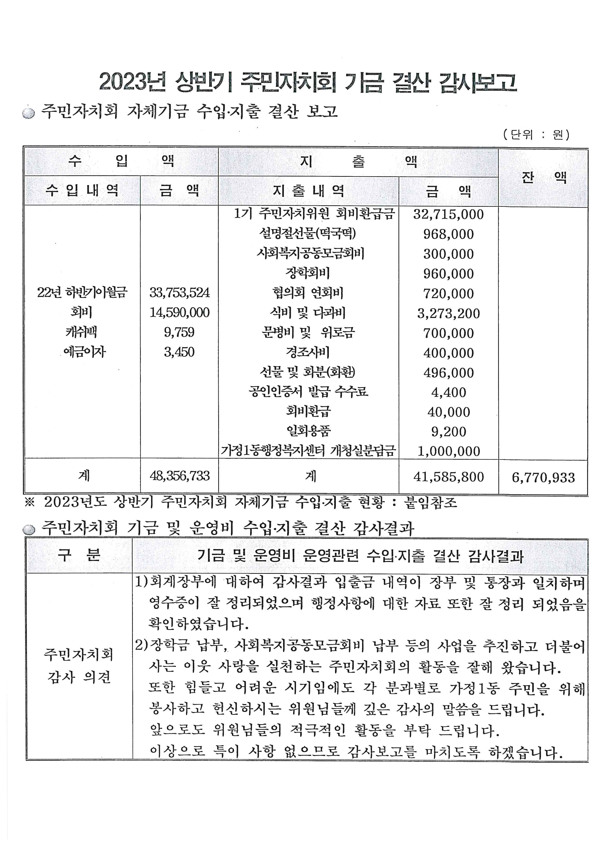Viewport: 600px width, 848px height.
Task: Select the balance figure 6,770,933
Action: pyautogui.click(x=543, y=478)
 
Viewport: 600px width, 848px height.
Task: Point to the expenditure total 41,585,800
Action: pyautogui.click(x=449, y=477)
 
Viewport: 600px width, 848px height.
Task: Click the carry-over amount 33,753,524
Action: pyautogui.click(x=180, y=293)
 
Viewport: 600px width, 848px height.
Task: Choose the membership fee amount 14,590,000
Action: pyautogui.click(x=180, y=312)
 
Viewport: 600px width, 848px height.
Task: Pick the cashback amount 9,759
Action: pyautogui.click(x=179, y=332)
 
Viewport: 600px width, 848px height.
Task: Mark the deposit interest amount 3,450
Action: pyautogui.click(x=179, y=352)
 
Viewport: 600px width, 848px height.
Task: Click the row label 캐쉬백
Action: pyautogui.click(x=81, y=332)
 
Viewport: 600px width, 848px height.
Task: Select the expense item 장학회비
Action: pyautogui.click(x=308, y=273)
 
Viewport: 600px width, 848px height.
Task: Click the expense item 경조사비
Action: pyautogui.click(x=308, y=352)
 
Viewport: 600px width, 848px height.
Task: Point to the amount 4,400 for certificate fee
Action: pyautogui.click(x=449, y=392)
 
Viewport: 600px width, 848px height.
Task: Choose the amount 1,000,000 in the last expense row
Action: pyautogui.click(x=449, y=451)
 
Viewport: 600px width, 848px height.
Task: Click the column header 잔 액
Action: pyautogui.click(x=543, y=178)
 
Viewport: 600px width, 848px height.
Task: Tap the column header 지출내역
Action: pyautogui.click(x=308, y=191)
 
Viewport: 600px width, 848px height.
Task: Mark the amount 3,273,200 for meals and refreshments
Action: pyautogui.click(x=449, y=313)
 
